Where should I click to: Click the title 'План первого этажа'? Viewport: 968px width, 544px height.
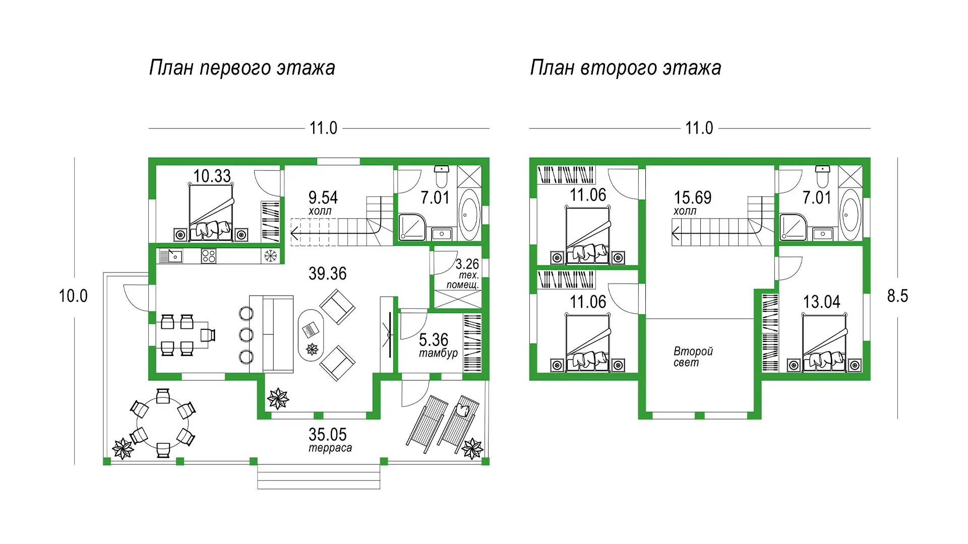tap(242, 68)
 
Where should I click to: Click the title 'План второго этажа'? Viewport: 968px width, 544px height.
tap(625, 68)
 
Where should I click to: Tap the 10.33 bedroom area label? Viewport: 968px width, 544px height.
tap(212, 176)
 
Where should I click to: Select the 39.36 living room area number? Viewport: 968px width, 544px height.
tap(328, 274)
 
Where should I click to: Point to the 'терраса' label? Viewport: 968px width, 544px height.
tap(330, 448)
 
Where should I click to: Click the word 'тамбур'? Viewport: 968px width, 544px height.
tap(438, 353)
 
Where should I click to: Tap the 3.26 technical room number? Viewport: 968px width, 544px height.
tap(467, 264)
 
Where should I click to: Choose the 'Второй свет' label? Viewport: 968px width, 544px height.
tap(693, 357)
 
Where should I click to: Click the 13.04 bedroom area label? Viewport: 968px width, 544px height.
tap(822, 302)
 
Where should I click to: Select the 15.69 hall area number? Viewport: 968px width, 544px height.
tap(693, 197)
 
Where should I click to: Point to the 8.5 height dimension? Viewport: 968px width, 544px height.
tap(897, 296)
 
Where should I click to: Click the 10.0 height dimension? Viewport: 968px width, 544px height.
tap(73, 296)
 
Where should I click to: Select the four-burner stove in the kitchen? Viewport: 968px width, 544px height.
tap(208, 256)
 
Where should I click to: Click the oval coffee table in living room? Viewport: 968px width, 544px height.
tap(312, 334)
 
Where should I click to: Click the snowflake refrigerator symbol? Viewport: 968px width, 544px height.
tap(271, 256)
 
